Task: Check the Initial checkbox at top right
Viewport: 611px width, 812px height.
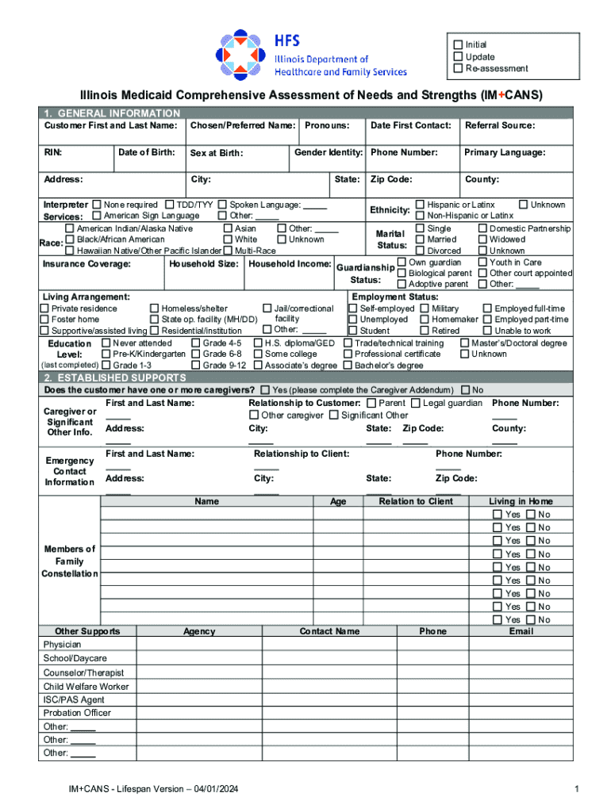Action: coord(458,44)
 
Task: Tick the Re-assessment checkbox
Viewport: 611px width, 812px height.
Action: coord(458,68)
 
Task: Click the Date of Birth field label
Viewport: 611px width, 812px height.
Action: coord(146,152)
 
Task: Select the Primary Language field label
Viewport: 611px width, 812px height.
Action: coord(505,152)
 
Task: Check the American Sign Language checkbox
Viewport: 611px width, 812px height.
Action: coord(97,216)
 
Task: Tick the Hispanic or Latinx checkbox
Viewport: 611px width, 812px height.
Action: coord(421,205)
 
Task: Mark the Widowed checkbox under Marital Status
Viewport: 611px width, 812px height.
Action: coord(482,239)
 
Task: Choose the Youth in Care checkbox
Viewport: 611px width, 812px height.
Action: coord(482,262)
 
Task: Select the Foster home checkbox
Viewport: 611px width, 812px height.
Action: coord(45,320)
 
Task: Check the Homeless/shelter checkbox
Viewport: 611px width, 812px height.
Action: coord(155,308)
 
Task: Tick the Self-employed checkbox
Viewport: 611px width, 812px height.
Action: coord(354,308)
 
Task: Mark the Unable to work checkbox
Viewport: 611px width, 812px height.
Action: coord(487,331)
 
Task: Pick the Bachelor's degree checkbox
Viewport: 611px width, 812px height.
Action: coord(348,366)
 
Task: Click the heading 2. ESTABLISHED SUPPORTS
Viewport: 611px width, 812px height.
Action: coord(115,378)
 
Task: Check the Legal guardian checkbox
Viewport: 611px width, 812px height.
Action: coord(416,404)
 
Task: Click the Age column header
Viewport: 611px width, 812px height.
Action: coord(338,501)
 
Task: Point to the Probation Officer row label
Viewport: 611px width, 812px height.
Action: coord(77,713)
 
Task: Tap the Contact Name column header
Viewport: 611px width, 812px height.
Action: coord(329,631)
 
